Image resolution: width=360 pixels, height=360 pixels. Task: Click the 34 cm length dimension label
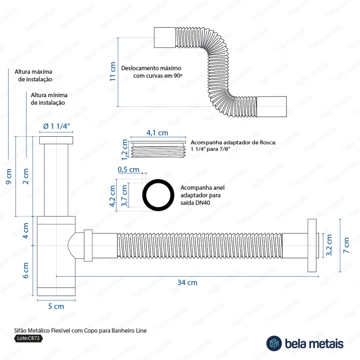(188, 282)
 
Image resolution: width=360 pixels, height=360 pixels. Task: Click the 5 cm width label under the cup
(56, 307)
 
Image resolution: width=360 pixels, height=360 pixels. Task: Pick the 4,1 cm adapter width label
(157, 132)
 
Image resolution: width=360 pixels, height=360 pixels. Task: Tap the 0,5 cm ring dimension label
(129, 170)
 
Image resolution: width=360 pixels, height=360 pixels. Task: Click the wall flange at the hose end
(311, 244)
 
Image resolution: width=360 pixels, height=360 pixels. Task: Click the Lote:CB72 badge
(29, 338)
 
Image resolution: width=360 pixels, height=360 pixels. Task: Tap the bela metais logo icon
(273, 343)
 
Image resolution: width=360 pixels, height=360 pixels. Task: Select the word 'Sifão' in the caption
(20, 329)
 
